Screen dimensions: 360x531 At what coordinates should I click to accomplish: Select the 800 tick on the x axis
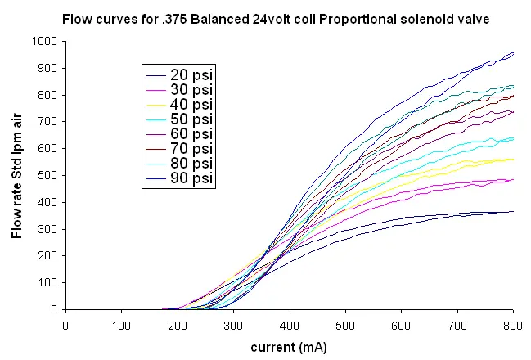click(x=513, y=325)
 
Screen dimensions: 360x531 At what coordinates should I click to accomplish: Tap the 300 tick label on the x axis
click(x=233, y=325)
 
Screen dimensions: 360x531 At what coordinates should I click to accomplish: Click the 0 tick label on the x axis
click(x=65, y=325)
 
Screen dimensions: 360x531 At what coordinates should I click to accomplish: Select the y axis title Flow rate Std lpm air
click(x=17, y=175)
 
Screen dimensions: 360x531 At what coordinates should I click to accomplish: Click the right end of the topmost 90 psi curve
click(x=513, y=53)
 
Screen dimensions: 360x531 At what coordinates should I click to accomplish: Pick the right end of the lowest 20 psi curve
click(x=513, y=211)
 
